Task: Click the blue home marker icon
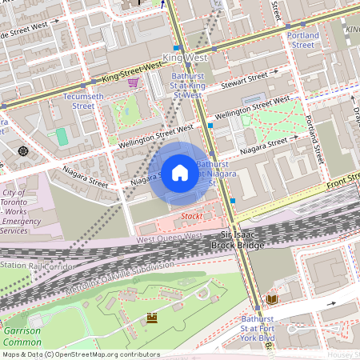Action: (x=180, y=172)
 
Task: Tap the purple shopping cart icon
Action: (x=132, y=82)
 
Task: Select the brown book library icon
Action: (x=272, y=298)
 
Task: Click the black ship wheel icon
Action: (x=22, y=150)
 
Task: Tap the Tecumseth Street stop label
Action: (x=78, y=100)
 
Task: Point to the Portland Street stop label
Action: (x=302, y=40)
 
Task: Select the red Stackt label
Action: (x=192, y=216)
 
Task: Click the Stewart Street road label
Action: (x=246, y=79)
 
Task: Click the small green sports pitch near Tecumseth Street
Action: (x=62, y=137)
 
